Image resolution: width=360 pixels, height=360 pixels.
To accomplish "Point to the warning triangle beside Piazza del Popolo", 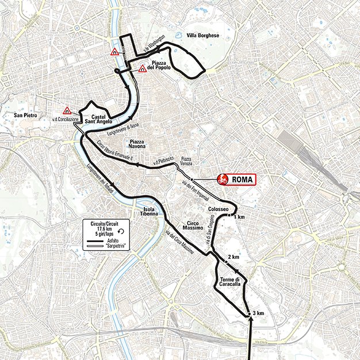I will [x=142, y=69].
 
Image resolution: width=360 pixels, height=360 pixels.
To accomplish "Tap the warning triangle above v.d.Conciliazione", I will [x=67, y=110].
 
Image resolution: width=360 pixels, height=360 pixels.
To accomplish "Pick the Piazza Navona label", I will [x=140, y=144].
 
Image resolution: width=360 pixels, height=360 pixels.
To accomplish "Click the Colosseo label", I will [x=219, y=209].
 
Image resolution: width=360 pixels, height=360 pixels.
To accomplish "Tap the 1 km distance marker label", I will [x=239, y=217].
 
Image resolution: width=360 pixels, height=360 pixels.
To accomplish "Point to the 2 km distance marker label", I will [x=233, y=256].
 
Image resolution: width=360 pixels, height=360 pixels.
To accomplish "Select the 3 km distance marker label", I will [x=258, y=313].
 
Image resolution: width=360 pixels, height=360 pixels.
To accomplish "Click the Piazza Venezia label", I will [x=186, y=161].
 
